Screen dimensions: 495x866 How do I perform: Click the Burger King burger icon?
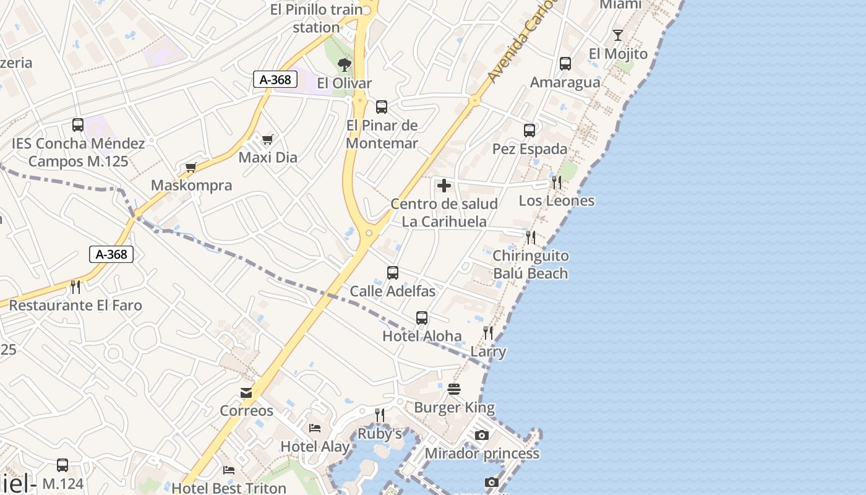(x=454, y=389)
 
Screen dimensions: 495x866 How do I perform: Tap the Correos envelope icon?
(x=246, y=393)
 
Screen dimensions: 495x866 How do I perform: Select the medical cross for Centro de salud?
(x=444, y=186)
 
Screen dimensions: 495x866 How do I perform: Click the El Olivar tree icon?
(x=345, y=64)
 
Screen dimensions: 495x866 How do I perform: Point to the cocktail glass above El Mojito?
(x=617, y=35)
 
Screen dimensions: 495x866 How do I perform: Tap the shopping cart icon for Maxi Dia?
(x=267, y=139)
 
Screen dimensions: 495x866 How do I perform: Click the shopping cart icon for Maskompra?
(x=191, y=167)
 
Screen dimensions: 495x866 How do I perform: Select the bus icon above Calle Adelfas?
(x=392, y=273)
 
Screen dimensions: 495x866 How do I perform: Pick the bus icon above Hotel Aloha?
(x=422, y=318)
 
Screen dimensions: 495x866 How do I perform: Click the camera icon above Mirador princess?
(x=482, y=436)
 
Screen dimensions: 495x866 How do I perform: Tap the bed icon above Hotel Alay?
(x=315, y=428)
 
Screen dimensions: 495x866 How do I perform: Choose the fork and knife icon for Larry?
(x=488, y=333)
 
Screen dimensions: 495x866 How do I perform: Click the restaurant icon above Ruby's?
(x=380, y=415)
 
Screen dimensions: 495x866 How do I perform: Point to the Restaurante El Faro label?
(x=75, y=305)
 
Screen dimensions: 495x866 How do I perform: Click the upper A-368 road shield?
(x=275, y=79)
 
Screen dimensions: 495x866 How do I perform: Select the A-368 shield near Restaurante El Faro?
(x=111, y=254)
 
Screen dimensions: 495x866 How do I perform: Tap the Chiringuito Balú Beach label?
(x=530, y=264)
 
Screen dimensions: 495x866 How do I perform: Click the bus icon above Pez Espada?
(x=529, y=131)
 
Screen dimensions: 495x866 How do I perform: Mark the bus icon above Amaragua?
(x=565, y=64)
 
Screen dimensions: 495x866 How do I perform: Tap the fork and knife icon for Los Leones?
(x=557, y=183)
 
